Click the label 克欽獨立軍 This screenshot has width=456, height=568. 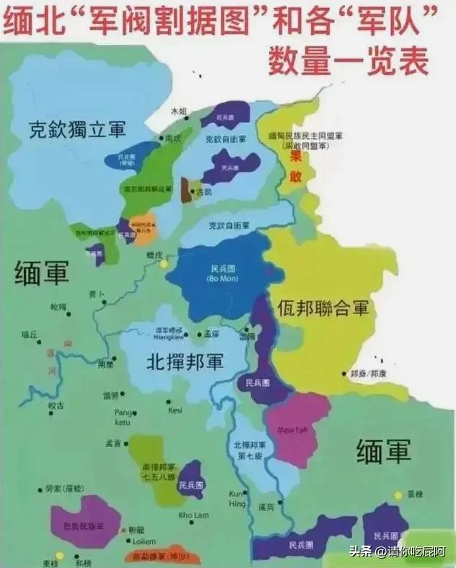(x=77, y=130)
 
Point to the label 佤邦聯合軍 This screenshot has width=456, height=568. (x=323, y=309)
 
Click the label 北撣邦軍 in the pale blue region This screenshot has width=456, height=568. (x=185, y=360)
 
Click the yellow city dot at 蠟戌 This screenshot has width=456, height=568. (x=164, y=264)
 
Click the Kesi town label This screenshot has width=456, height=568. (x=175, y=410)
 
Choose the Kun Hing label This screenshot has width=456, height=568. (x=237, y=497)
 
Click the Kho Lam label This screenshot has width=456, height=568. (x=193, y=515)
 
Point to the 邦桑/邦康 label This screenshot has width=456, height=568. (x=368, y=374)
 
